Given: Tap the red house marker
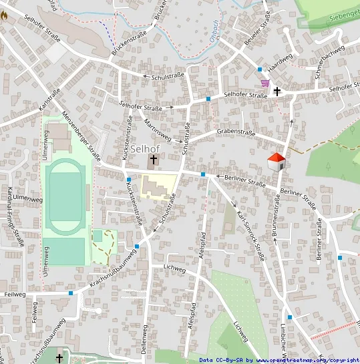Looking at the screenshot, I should coord(277,161).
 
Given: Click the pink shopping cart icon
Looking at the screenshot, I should coord(265,83).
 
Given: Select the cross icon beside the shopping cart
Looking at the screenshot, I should coord(277,92).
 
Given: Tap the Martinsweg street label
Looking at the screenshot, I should coord(158,130).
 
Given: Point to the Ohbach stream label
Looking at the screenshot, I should coord(214,29).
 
